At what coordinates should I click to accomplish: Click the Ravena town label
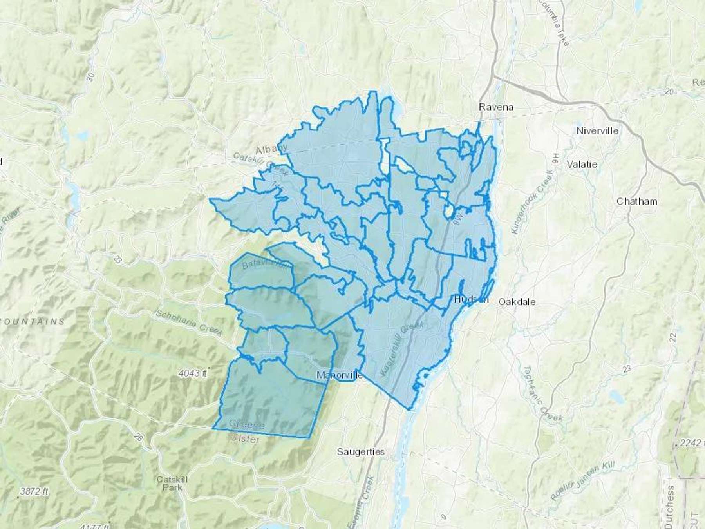[496, 107]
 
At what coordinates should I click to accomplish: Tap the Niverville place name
[597, 131]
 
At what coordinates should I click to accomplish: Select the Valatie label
[582, 164]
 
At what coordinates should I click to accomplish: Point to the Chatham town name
[636, 201]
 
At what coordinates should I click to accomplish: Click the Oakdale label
[517, 302]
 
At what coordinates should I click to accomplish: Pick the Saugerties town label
[361, 452]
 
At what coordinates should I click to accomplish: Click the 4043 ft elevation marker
[192, 373]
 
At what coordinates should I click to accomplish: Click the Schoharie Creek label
[189, 323]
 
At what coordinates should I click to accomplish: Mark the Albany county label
[271, 149]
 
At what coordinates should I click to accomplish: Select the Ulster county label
[247, 439]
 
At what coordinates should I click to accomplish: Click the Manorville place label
[339, 375]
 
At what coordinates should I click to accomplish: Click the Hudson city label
[471, 300]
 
